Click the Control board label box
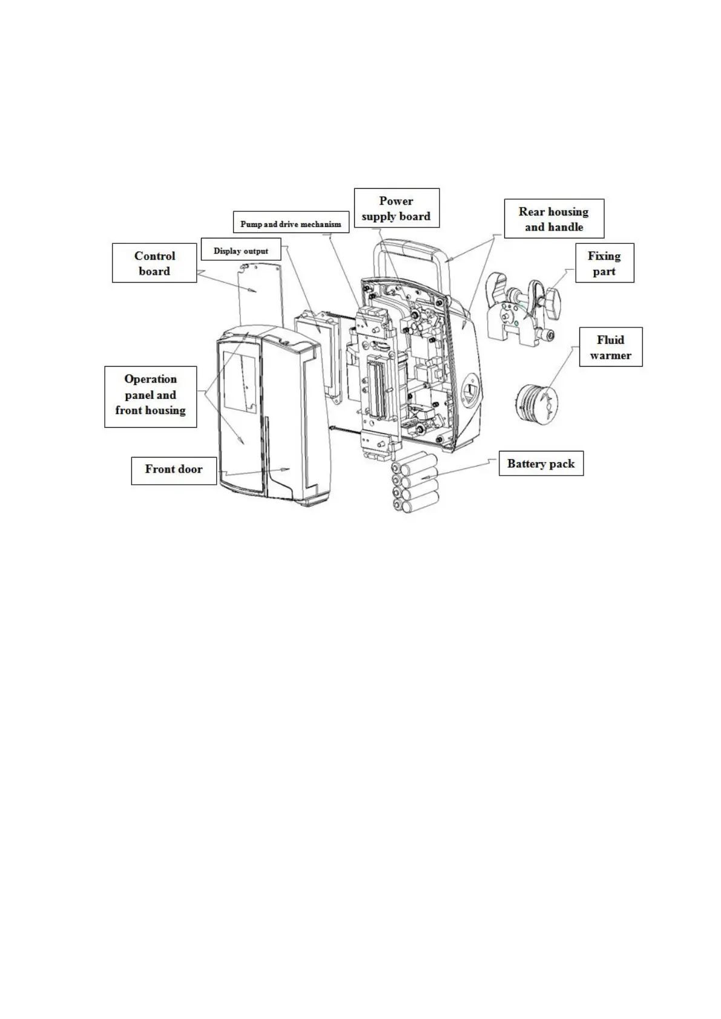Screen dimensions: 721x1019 point(154,263)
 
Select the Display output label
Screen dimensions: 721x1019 point(240,251)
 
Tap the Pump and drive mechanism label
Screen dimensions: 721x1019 point(291,224)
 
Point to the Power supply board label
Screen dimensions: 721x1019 point(396,208)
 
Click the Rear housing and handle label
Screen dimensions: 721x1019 point(553,219)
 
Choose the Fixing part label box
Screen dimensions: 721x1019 point(604,263)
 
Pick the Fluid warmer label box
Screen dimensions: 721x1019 point(610,347)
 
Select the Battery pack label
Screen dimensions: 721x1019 point(541,464)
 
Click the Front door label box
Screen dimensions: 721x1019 point(173,469)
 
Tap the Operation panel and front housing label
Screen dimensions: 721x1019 point(150,395)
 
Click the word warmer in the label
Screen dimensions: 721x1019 point(610,355)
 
